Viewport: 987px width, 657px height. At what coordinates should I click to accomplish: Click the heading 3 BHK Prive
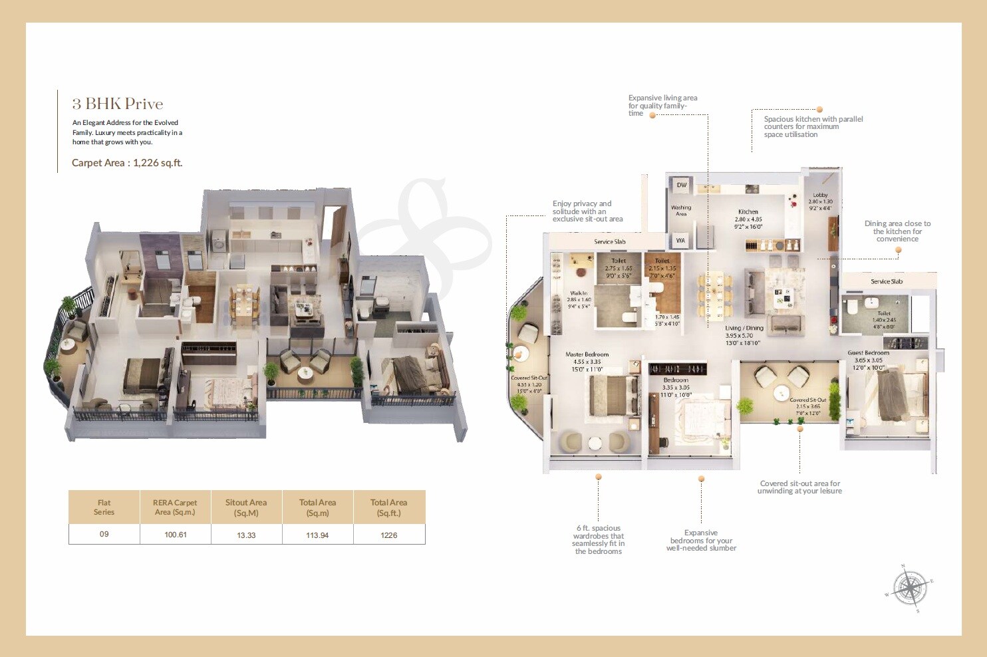coord(118,104)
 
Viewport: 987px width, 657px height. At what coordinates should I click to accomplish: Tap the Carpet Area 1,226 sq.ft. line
coord(126,163)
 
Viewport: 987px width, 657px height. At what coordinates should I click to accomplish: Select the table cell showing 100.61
coord(176,535)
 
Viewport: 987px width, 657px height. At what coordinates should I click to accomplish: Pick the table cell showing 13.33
coord(246,535)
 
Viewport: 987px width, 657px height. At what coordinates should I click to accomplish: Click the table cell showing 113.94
coord(317,535)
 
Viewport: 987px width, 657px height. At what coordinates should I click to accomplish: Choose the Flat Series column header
coord(104,507)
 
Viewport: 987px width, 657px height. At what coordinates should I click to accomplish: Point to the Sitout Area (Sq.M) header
coord(246,507)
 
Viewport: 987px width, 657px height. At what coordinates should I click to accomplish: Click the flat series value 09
coord(104,534)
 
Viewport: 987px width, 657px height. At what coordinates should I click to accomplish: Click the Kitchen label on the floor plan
coord(748,211)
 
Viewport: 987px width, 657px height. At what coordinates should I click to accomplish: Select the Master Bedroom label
coord(587,354)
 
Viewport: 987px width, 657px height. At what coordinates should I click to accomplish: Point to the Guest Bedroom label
coord(868,353)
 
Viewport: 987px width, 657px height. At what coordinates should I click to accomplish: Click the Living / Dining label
coord(744,328)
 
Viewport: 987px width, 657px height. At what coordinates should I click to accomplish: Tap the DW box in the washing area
coord(681,186)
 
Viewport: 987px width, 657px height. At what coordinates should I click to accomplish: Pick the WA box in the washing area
coord(680,241)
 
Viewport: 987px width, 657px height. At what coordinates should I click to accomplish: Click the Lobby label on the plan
coord(820,196)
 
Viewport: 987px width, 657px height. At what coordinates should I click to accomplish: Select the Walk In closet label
coord(579,293)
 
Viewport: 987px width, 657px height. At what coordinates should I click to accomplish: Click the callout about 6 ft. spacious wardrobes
coord(598,539)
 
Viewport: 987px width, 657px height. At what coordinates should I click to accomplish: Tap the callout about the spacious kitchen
coord(813,126)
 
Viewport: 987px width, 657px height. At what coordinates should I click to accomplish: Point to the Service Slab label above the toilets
coord(609,242)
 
